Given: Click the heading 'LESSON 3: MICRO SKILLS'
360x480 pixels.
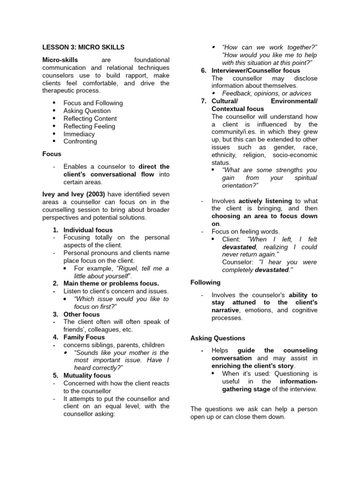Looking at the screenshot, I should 83,47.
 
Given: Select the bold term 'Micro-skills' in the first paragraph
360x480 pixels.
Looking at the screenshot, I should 60,60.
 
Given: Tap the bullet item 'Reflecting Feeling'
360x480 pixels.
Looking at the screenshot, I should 89,126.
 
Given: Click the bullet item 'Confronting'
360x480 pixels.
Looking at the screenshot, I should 80,141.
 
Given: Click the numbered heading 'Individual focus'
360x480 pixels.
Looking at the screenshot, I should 88,230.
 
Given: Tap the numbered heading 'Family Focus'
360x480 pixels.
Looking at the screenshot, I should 84,337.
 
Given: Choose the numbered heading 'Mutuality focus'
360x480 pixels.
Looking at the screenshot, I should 87,375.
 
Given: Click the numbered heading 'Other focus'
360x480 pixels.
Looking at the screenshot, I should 82,314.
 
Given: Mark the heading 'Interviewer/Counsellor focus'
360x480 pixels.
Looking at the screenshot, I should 256,70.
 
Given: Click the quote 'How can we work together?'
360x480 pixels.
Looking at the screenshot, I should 270,47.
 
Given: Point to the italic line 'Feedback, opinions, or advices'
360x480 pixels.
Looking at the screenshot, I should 267,93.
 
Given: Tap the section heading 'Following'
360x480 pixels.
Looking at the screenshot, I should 205,283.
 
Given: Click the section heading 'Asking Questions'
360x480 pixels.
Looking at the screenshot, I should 217,338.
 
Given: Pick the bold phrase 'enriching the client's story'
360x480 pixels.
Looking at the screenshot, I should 253,366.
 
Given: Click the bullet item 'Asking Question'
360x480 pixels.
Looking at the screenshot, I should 87,111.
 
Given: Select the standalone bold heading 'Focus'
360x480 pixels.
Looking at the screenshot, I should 52,154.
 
